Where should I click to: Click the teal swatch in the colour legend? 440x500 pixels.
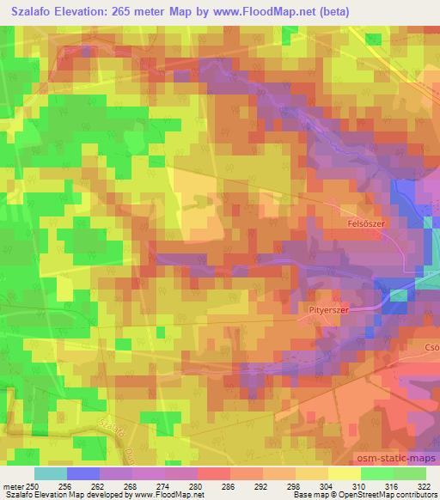tap(50, 473)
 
